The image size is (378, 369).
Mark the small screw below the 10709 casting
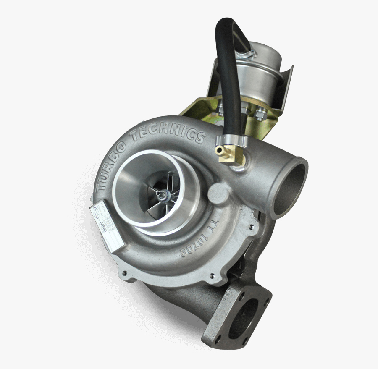(x=211, y=275)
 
